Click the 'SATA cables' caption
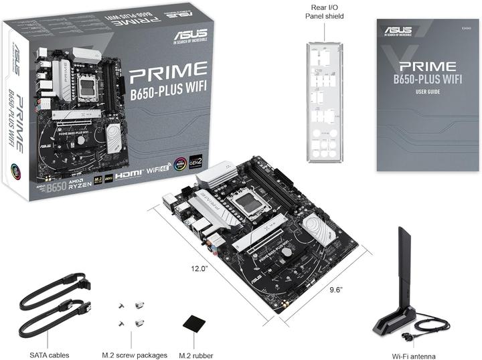tap(49, 355)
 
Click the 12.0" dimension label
tap(199, 268)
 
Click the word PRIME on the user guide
tap(427, 67)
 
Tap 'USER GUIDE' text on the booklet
tap(427, 92)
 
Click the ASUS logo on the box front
tap(187, 33)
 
